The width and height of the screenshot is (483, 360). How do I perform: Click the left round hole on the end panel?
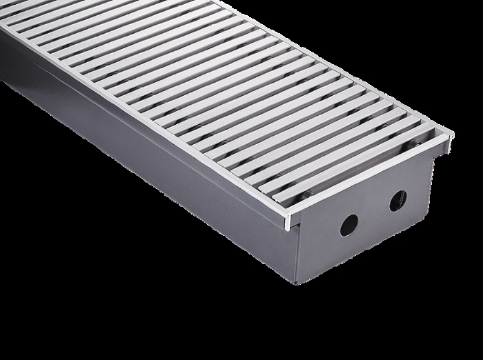click(349, 225)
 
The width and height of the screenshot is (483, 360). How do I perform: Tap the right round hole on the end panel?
click(398, 201)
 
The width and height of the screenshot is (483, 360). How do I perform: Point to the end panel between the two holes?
click(374, 213)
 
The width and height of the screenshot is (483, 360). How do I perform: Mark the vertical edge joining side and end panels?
click(293, 255)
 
